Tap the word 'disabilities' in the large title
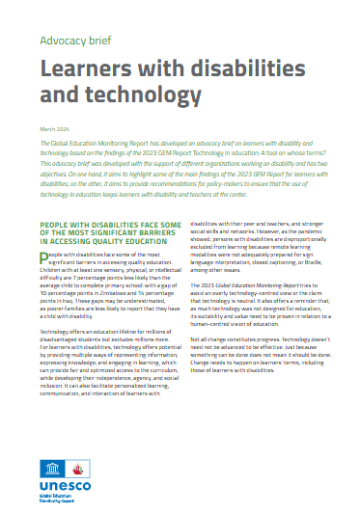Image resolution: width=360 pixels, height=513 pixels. pyautogui.click(x=235, y=69)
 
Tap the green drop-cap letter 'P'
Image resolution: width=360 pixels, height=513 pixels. pyautogui.click(x=43, y=256)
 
